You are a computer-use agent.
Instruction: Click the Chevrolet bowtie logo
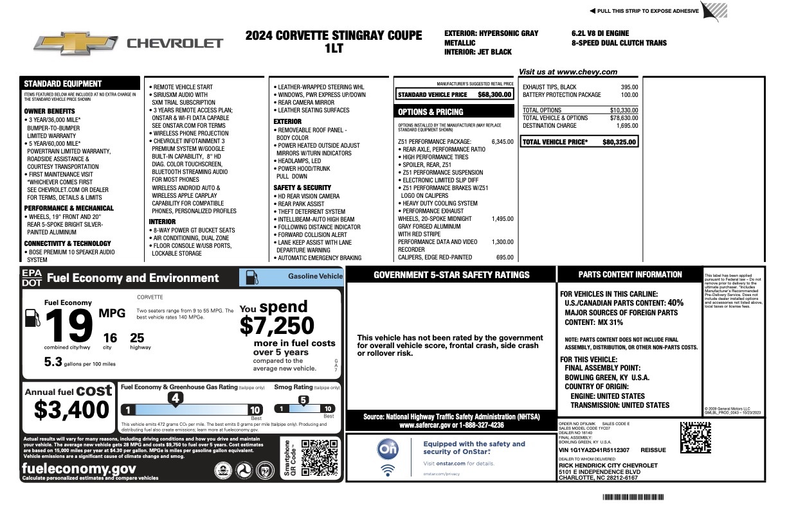click(76, 43)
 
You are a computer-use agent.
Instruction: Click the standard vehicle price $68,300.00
click(494, 94)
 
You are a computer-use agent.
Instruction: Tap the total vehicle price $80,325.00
click(620, 142)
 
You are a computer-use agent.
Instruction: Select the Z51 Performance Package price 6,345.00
click(502, 141)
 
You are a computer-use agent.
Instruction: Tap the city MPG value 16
click(110, 338)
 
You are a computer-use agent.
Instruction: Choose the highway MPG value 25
click(137, 338)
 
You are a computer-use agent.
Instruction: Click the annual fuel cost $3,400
click(71, 409)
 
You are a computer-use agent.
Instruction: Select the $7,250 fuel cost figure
click(277, 326)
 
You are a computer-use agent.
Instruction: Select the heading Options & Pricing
click(430, 112)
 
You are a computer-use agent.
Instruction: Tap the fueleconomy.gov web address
click(78, 468)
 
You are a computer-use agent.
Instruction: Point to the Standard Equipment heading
click(62, 83)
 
